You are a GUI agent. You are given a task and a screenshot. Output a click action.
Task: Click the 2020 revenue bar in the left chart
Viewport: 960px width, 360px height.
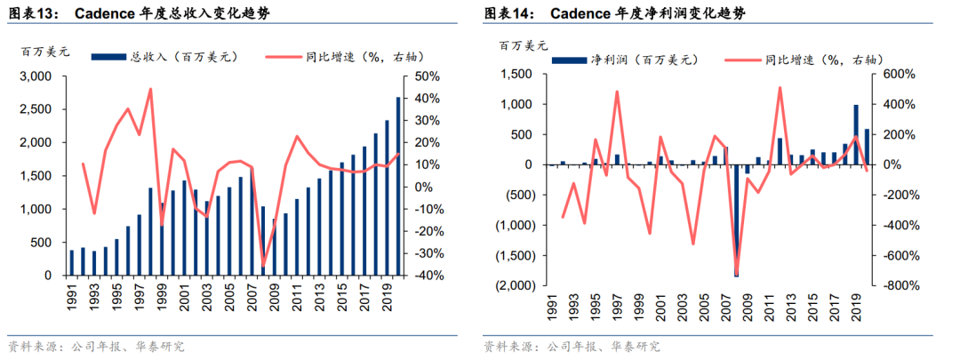(x=398, y=186)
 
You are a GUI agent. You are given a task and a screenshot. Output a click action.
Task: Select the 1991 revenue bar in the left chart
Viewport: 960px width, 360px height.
(x=72, y=262)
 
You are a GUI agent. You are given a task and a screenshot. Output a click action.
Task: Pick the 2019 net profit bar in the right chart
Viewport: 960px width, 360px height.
(x=856, y=135)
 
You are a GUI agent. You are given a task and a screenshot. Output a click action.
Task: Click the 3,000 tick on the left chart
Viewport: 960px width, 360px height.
(x=38, y=76)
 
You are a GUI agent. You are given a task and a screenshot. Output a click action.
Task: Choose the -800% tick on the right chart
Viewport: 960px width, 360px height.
(x=897, y=285)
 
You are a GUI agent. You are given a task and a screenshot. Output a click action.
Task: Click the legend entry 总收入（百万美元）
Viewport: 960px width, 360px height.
(x=164, y=57)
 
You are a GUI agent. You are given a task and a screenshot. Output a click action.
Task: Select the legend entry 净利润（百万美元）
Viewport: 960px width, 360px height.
(x=625, y=60)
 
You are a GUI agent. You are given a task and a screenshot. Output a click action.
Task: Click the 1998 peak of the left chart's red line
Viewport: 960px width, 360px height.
(x=150, y=90)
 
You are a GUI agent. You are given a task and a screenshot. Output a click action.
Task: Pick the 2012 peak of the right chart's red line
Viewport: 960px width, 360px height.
(x=780, y=87)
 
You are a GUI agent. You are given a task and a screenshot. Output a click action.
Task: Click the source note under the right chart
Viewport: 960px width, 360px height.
(x=572, y=348)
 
